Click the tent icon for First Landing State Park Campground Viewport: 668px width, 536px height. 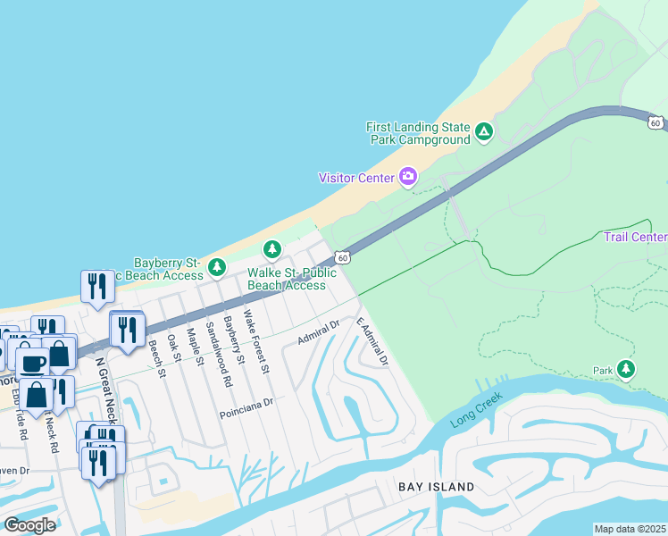click(x=483, y=133)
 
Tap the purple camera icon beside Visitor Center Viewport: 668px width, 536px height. click(x=408, y=177)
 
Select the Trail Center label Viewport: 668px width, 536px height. click(x=635, y=237)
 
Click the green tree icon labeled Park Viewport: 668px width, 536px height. click(x=626, y=369)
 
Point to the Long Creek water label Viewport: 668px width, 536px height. click(x=477, y=407)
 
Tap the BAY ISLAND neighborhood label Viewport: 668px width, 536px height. click(x=436, y=487)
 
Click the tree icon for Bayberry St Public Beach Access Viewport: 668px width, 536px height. click(x=216, y=267)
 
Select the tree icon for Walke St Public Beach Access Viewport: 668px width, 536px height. click(x=271, y=248)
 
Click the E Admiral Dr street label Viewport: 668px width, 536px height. click(x=372, y=341)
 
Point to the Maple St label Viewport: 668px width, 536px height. click(x=191, y=346)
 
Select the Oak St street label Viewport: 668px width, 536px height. click(x=172, y=346)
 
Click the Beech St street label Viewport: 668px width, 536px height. click(x=157, y=358)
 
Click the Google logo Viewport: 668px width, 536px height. click(x=29, y=525)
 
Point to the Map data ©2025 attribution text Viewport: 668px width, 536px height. click(x=630, y=529)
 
